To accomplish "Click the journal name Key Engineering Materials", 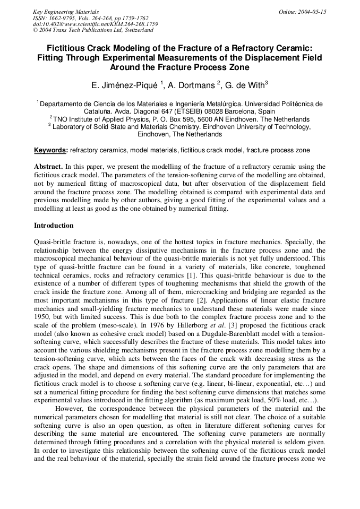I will coord(66,12).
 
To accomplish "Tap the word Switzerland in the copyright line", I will coord(134,30).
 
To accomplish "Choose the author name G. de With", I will coord(245,85).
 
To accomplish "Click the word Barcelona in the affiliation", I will coord(228,111).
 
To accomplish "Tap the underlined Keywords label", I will coord(50,151).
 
